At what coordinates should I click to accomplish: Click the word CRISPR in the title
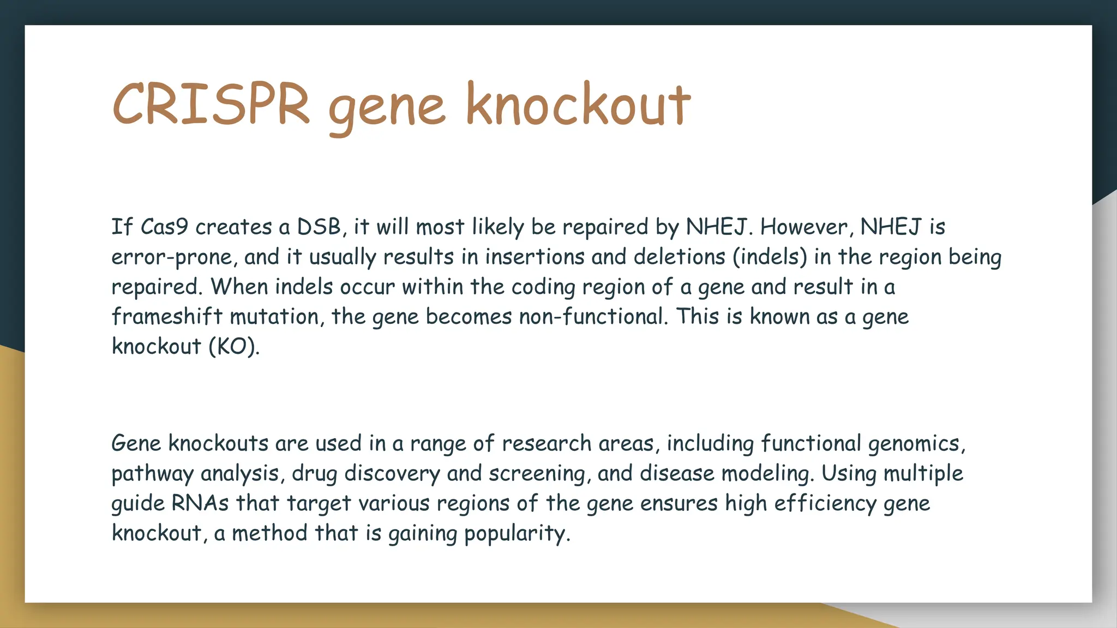click(x=212, y=104)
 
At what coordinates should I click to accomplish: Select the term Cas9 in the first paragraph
click(x=164, y=227)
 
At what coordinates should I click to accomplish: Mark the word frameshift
click(x=167, y=317)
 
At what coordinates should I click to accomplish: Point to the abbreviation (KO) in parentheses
click(x=233, y=347)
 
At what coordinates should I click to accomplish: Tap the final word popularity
click(x=516, y=533)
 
